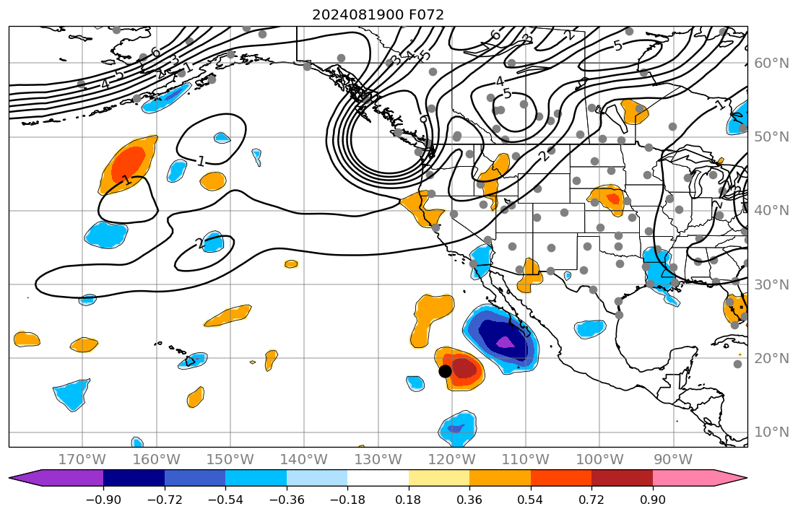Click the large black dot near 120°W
445,371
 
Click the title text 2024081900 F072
378,14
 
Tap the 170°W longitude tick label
83,459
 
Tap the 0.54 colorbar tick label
531,500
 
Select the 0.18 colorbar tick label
409,500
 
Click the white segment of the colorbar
378,478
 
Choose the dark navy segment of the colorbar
134,478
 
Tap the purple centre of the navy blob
505,341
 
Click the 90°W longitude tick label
674,459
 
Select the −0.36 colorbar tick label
287,500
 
